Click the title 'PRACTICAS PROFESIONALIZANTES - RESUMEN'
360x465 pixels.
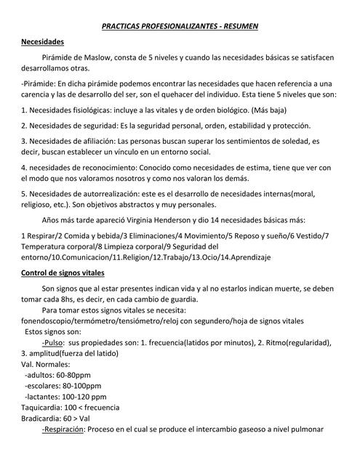tap(180, 27)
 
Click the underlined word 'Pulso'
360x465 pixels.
tap(54, 341)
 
